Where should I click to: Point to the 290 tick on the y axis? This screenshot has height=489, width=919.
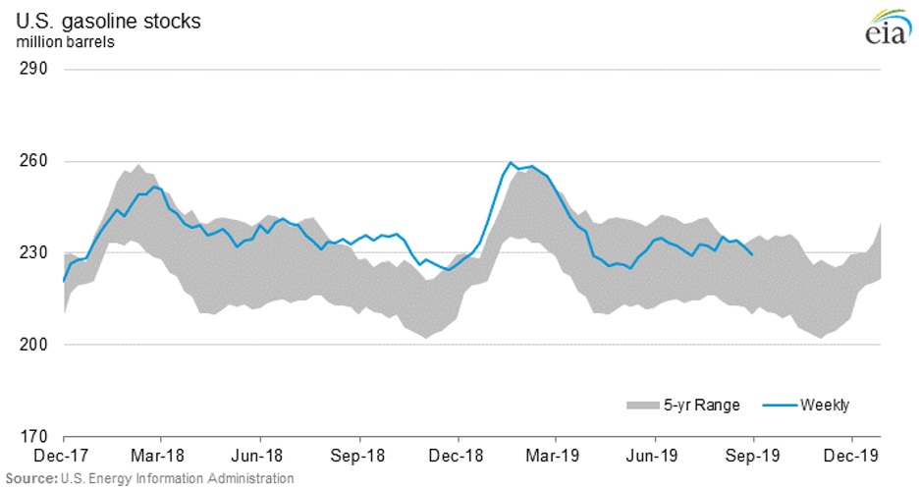pos(35,70)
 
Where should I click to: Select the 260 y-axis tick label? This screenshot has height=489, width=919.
pos(35,161)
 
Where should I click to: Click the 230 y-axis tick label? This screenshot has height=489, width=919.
pos(35,252)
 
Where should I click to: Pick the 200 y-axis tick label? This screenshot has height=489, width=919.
pos(35,345)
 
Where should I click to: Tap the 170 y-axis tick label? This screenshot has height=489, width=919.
pos(35,436)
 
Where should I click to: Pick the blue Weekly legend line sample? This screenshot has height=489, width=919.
pos(779,405)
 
